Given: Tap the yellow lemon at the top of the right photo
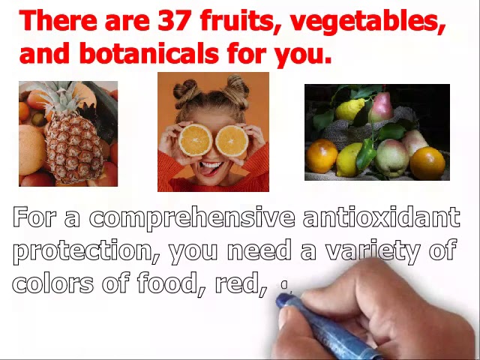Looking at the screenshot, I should click(351, 109).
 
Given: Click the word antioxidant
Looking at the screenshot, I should click(381, 217).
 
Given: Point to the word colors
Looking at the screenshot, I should click(49, 283).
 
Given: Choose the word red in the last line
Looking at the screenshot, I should click(240, 283).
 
